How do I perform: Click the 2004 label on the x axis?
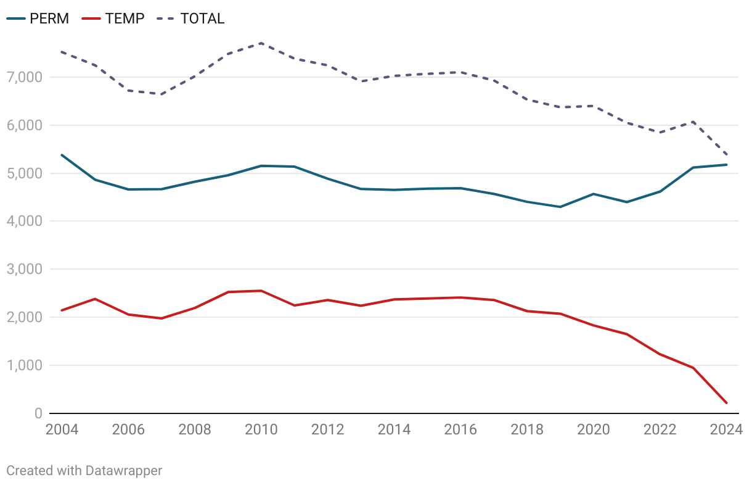click(x=62, y=429)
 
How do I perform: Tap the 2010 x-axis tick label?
click(x=261, y=429)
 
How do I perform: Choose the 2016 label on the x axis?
click(x=460, y=429)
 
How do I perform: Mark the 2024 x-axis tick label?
click(x=725, y=429)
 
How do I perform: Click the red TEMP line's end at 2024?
click(x=726, y=403)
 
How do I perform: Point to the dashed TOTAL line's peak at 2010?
click(x=261, y=43)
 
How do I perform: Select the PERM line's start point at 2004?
click(x=62, y=155)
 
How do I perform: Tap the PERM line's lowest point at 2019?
click(x=560, y=207)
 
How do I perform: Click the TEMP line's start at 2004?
click(x=62, y=310)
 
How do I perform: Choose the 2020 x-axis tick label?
click(x=593, y=429)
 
